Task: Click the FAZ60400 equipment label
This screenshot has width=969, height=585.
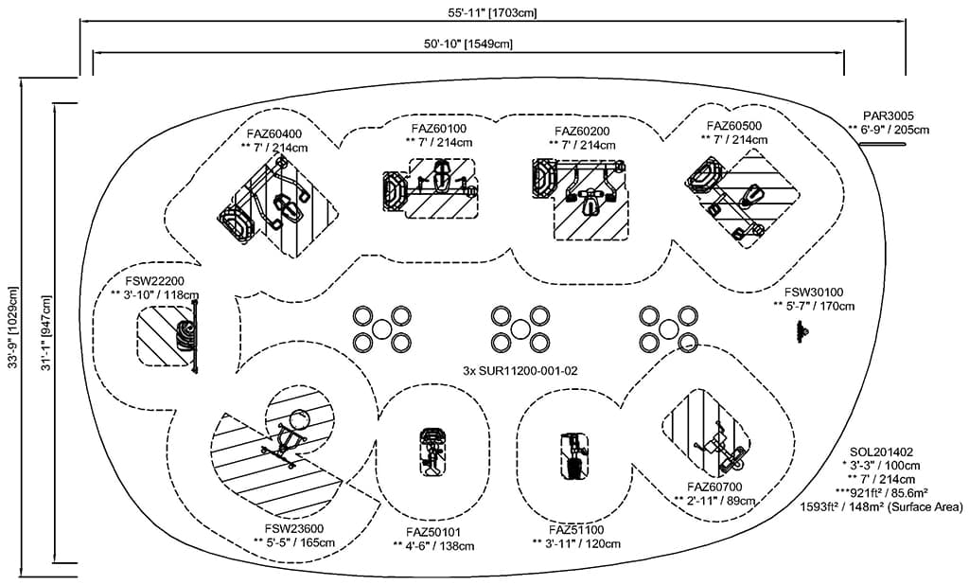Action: point(273,133)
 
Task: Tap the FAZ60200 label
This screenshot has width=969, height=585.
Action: point(581,131)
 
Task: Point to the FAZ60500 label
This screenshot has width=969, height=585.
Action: point(733,125)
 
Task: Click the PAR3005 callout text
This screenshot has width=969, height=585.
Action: point(889,115)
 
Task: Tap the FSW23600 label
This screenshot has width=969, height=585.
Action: point(293,528)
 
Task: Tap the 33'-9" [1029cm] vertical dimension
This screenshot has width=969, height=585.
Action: point(10,327)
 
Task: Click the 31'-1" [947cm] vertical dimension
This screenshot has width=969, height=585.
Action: point(44,327)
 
